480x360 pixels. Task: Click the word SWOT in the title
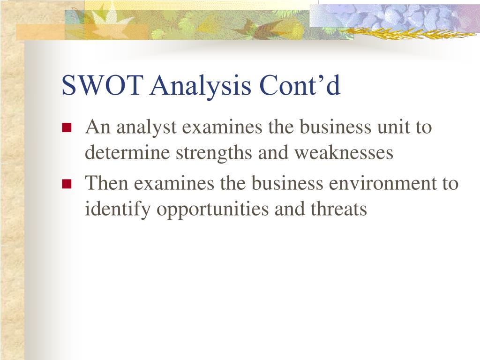[102, 85]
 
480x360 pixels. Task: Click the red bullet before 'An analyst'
[67, 127]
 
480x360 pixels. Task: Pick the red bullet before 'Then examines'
[67, 184]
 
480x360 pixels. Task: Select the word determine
[127, 152]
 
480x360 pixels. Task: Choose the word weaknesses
[344, 152]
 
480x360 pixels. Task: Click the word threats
[338, 209]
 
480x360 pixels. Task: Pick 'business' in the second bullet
[287, 183]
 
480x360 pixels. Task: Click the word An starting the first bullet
[97, 126]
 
